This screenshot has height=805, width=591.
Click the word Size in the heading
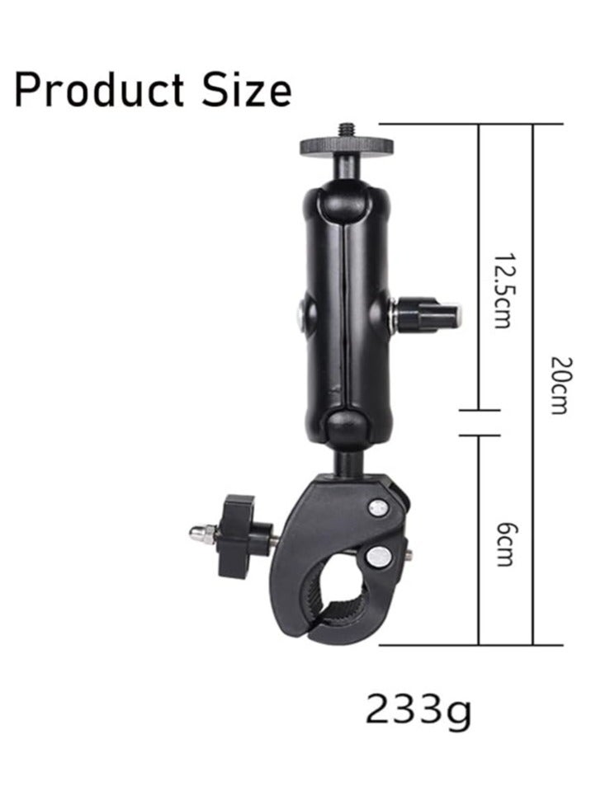pos(247,90)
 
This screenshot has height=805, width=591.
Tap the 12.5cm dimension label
pos(503,290)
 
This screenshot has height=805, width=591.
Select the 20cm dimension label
pos(560,385)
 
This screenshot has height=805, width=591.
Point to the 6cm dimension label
pos(504,544)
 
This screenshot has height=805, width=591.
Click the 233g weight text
pos(418,709)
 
